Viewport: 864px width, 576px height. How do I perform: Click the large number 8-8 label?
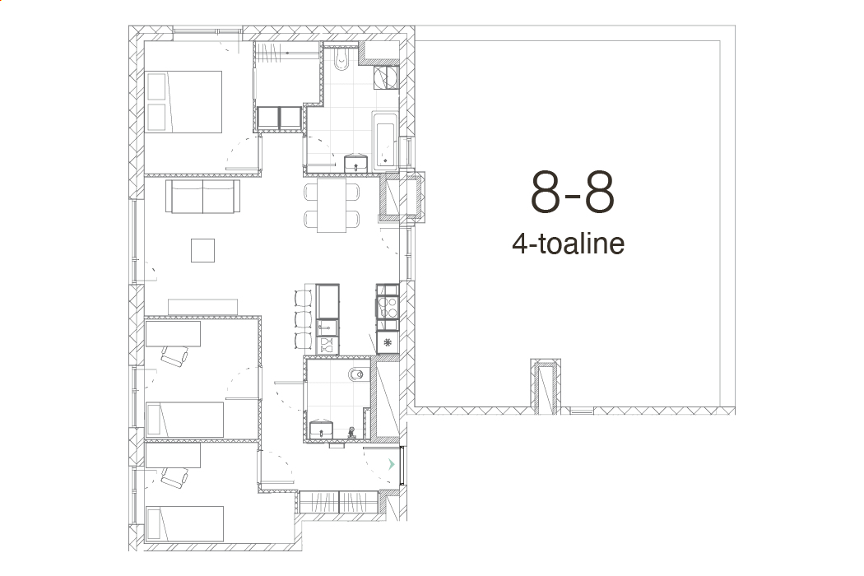(x=572, y=192)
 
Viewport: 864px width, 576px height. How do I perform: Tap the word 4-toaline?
(x=568, y=244)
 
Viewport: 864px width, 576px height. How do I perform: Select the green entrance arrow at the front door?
(x=392, y=464)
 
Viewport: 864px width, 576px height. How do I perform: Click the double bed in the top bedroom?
(x=184, y=101)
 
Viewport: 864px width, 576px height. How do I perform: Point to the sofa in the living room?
(x=202, y=196)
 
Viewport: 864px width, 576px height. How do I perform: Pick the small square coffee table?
(x=202, y=250)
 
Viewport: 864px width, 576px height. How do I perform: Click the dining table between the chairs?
(x=332, y=205)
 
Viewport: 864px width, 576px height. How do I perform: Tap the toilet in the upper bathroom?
(x=341, y=59)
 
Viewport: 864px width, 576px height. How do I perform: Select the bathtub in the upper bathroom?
(x=385, y=141)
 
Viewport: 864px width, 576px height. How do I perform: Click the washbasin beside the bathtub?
(x=356, y=163)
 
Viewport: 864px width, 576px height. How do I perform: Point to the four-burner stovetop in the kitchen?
(x=388, y=307)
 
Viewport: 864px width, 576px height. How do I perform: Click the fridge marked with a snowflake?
(x=388, y=342)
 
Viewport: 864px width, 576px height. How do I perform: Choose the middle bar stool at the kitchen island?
(x=303, y=319)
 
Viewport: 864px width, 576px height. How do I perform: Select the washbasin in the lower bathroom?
(x=321, y=429)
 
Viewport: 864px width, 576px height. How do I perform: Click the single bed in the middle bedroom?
(x=184, y=420)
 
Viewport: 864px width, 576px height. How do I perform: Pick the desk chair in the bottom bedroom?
(x=174, y=476)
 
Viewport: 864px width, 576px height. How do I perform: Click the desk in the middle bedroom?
(x=173, y=334)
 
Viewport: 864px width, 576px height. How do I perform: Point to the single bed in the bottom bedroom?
(x=184, y=523)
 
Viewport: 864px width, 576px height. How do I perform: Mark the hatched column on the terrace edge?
(x=546, y=387)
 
